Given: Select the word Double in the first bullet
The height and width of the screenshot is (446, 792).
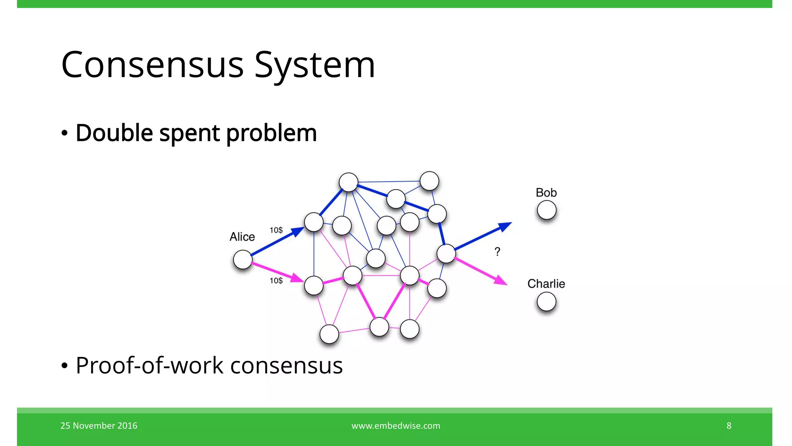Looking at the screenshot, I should pyautogui.click(x=114, y=133).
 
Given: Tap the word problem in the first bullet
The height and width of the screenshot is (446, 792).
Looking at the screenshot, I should pyautogui.click(x=271, y=134).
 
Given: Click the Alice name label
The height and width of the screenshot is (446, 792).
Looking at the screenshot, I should pyautogui.click(x=242, y=237).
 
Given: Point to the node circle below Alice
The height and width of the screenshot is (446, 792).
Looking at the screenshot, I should pyautogui.click(x=243, y=259).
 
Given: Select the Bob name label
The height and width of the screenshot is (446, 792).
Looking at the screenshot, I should pyautogui.click(x=546, y=192).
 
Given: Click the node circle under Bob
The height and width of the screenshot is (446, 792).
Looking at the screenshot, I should pyautogui.click(x=546, y=210).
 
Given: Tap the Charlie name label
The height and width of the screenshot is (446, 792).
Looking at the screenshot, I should pyautogui.click(x=546, y=284).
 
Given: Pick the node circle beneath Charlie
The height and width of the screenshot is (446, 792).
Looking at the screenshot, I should pyautogui.click(x=546, y=302).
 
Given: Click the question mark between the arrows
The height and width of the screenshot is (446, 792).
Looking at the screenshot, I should pyautogui.click(x=497, y=252).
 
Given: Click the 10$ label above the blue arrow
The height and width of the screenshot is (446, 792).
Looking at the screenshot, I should pyautogui.click(x=276, y=230).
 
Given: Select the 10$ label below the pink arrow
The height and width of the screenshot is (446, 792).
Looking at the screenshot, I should pyautogui.click(x=276, y=281).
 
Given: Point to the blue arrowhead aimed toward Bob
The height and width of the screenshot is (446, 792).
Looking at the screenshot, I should pyautogui.click(x=505, y=226).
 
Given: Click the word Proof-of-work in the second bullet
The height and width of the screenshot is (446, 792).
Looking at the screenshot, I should pyautogui.click(x=150, y=365).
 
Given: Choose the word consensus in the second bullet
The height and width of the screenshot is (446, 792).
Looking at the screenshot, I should pyautogui.click(x=286, y=366).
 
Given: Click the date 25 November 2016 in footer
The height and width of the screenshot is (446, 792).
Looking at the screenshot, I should pyautogui.click(x=99, y=425).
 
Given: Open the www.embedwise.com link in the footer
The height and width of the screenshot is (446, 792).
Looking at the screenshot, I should pyautogui.click(x=396, y=425).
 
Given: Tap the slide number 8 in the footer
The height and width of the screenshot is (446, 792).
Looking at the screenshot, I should pyautogui.click(x=729, y=425).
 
